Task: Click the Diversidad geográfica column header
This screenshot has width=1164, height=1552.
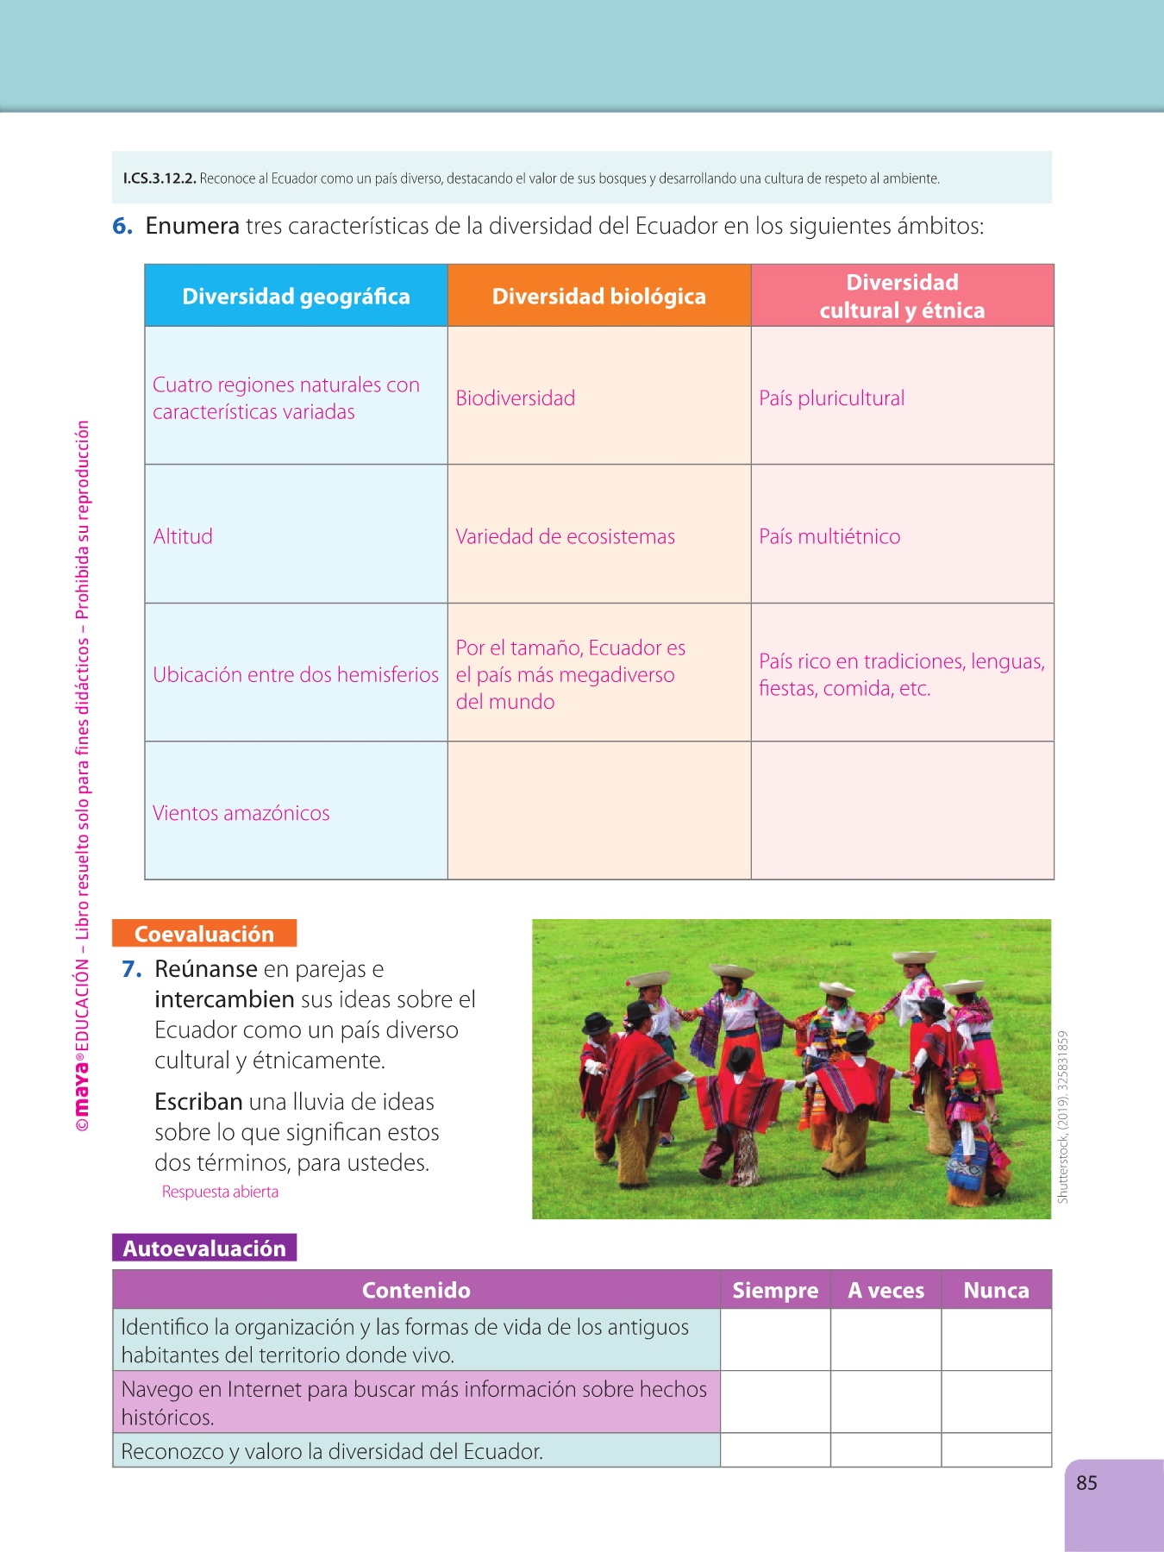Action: click(296, 297)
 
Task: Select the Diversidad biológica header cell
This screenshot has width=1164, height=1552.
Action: click(598, 297)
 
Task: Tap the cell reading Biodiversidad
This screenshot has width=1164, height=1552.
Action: click(516, 398)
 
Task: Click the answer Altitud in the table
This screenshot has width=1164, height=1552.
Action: click(183, 536)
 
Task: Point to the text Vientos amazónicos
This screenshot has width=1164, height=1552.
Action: click(241, 813)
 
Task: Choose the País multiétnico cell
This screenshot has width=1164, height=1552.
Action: click(829, 536)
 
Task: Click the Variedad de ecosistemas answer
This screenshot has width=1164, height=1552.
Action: click(566, 536)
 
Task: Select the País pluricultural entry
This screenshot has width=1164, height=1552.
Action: click(832, 398)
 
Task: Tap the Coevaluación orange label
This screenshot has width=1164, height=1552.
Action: click(204, 934)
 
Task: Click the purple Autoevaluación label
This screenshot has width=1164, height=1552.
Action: click(204, 1248)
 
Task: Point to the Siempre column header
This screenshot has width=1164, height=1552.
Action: click(775, 1291)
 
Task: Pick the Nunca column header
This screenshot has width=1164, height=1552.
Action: click(996, 1291)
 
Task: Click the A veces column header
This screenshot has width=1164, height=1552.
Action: click(886, 1291)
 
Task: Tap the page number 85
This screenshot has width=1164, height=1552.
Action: click(1086, 1483)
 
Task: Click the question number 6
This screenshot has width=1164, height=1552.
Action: click(122, 226)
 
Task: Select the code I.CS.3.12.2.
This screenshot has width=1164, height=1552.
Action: click(160, 178)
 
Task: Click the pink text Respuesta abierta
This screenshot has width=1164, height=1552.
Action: click(220, 1192)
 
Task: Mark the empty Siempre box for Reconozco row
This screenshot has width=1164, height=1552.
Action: click(775, 1450)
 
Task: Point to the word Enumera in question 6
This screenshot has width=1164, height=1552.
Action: click(192, 226)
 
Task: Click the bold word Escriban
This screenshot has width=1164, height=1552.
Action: click(198, 1102)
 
